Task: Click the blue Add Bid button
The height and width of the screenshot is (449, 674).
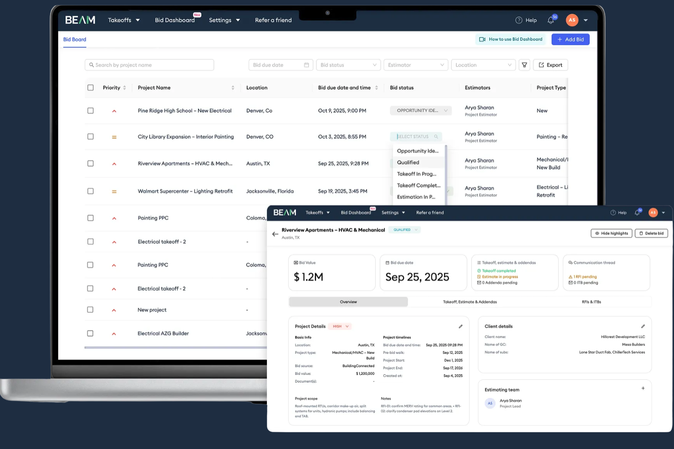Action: pos(570,40)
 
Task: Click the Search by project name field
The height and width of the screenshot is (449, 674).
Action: pos(149,65)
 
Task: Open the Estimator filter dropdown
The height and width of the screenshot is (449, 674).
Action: pos(415,65)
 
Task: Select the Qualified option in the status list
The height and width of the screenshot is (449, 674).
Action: pos(408,162)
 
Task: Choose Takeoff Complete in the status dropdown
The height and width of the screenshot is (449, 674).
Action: pos(419,186)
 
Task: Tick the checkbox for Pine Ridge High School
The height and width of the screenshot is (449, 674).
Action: pos(91,111)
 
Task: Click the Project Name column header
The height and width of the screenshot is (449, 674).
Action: pos(154,88)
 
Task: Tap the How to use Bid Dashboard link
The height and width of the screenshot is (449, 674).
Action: pos(511,40)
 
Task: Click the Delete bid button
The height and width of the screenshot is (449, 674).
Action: pos(651,233)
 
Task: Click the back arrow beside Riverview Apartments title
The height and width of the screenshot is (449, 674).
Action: pos(275,234)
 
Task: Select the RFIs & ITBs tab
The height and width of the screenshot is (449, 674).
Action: pos(591,302)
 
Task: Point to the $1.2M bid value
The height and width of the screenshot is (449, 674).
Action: pos(309,277)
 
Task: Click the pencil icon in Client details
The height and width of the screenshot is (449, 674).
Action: pos(643,326)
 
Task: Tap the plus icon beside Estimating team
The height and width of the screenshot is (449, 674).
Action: pos(643,388)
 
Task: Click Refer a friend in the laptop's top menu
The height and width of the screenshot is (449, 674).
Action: pos(273,20)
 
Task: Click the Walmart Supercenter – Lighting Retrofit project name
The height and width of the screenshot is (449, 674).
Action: pos(185,192)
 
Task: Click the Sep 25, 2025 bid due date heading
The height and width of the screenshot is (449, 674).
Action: pos(417,277)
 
